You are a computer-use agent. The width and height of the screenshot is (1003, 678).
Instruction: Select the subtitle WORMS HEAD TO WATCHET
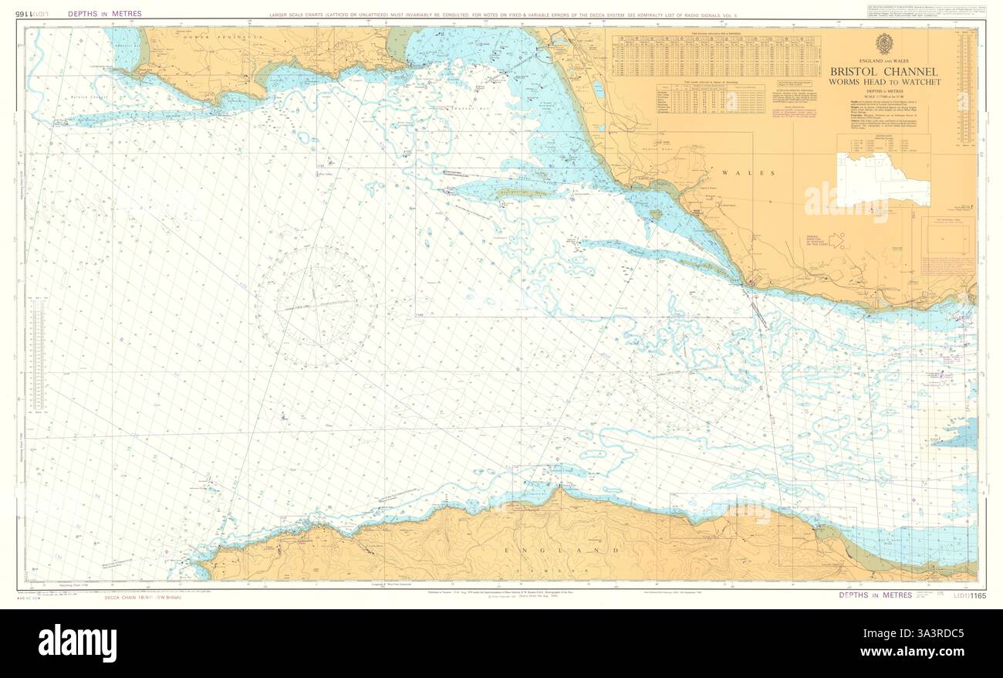(884, 82)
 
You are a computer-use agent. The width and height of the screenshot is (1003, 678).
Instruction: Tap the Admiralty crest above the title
(884, 44)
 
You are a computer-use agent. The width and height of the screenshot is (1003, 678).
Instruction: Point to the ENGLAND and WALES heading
(884, 60)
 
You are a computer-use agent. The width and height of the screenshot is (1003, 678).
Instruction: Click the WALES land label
(735, 173)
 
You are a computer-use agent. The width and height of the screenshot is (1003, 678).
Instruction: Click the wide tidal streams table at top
(716, 56)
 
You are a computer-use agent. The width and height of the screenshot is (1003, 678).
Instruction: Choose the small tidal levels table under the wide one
(710, 100)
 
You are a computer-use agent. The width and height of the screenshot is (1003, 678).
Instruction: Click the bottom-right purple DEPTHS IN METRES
(875, 595)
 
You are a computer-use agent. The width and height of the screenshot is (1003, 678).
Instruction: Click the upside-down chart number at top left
(35, 14)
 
